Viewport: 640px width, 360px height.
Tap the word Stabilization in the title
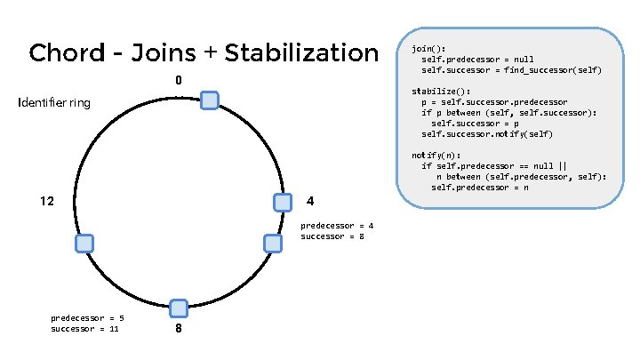coord(302,53)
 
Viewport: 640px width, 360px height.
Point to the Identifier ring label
coord(54,103)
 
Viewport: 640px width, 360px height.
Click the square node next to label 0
coord(210,100)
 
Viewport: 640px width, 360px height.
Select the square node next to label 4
coord(283,203)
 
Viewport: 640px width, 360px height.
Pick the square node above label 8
coord(178,308)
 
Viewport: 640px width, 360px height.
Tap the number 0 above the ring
coord(179,81)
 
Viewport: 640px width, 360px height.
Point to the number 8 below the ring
coord(179,328)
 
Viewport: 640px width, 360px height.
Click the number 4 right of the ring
coord(309,199)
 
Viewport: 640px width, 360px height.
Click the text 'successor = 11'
coord(85,329)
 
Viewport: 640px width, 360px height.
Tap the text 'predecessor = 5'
coord(87,317)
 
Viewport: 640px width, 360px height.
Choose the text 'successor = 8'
coord(332,236)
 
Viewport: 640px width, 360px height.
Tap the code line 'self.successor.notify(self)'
coord(487,134)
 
